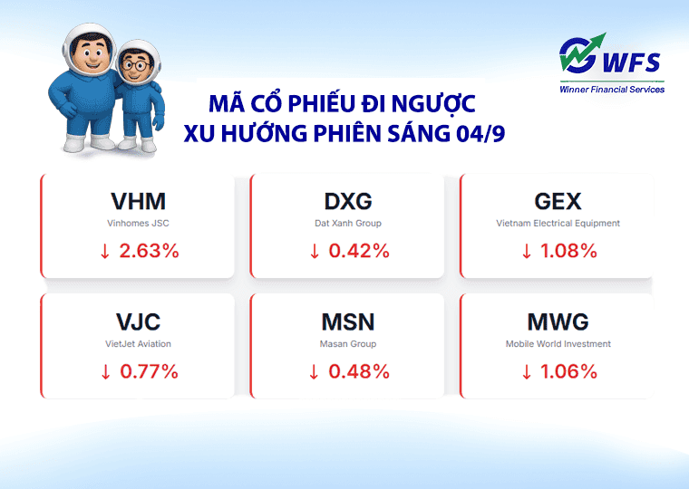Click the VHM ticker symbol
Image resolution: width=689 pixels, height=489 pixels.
click(x=138, y=201)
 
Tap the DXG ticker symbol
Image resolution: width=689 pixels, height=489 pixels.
click(x=347, y=201)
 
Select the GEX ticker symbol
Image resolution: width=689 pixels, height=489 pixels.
click(x=558, y=201)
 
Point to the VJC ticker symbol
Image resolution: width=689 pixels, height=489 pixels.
click(x=138, y=321)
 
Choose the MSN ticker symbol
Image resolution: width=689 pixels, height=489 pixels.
click(x=347, y=321)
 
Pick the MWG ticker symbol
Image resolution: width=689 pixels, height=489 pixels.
click(x=558, y=321)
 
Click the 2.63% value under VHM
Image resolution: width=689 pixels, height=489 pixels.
click(x=148, y=251)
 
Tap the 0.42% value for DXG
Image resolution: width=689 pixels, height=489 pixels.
click(x=358, y=251)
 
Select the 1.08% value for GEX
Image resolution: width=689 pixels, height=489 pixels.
click(x=568, y=251)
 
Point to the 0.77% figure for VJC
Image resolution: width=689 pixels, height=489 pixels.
click(x=148, y=370)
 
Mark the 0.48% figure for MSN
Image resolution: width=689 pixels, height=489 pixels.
click(x=358, y=370)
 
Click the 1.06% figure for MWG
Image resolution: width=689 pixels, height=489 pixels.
click(x=568, y=370)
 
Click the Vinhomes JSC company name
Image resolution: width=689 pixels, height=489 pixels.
click(x=138, y=223)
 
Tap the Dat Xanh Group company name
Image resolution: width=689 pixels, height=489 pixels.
click(x=347, y=223)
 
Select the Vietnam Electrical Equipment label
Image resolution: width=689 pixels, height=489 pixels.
click(x=558, y=223)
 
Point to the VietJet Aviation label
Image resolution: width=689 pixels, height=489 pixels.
click(x=138, y=344)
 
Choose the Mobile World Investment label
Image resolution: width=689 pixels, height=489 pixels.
click(x=558, y=344)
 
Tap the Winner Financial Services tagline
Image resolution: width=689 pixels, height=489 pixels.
click(x=612, y=89)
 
